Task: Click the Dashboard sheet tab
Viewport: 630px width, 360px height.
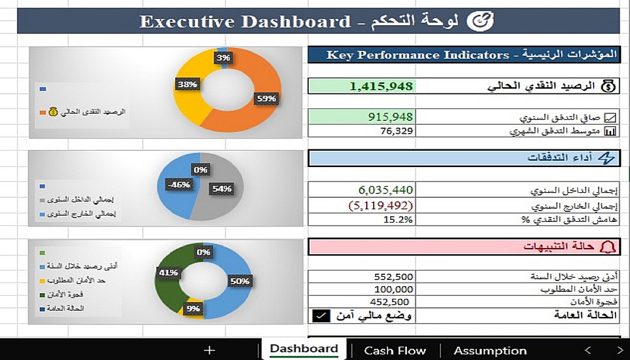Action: pos(304,349)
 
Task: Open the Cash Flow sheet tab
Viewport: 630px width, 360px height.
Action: pos(395,351)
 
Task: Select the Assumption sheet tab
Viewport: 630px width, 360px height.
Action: pos(490,351)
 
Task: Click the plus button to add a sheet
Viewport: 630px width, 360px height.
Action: pos(210,351)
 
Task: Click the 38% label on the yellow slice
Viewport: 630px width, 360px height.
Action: pos(187,83)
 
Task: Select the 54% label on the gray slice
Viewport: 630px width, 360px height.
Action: pos(222,189)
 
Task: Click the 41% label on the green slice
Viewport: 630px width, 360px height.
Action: pos(168,272)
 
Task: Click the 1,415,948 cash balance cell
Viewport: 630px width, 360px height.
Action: pos(381,86)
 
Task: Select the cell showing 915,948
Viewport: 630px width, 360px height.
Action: pos(390,117)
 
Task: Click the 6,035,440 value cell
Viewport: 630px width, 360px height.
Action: pos(386,190)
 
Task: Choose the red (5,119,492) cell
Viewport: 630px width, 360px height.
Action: pos(379,205)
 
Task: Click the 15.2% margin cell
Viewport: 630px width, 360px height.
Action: pos(398,219)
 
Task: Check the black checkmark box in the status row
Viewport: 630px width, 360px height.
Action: pos(321,316)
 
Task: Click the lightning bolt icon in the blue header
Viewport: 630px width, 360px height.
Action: pos(607,158)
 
